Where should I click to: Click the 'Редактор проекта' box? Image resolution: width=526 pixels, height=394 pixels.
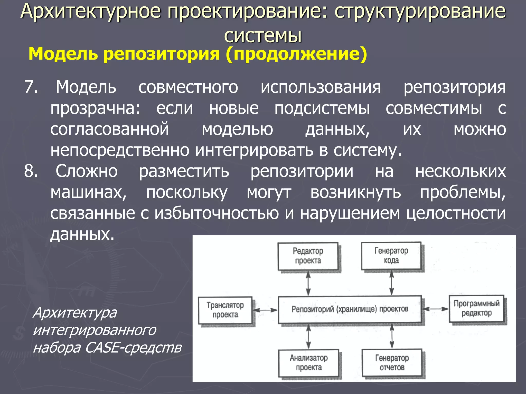[x=308, y=256]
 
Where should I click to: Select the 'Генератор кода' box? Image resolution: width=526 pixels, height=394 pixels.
[x=391, y=255]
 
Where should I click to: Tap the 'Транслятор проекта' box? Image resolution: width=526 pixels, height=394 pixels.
[x=225, y=310]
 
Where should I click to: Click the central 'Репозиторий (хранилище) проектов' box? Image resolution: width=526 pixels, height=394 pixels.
[x=350, y=309]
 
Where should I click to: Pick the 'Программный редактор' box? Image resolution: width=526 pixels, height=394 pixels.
[x=476, y=308]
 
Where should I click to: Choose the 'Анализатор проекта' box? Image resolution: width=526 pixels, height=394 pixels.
[x=309, y=363]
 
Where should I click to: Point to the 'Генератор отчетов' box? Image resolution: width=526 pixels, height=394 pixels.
[x=392, y=363]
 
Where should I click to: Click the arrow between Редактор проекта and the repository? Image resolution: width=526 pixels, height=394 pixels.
[x=308, y=283]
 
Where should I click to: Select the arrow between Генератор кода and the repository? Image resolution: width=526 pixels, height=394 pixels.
[x=391, y=283]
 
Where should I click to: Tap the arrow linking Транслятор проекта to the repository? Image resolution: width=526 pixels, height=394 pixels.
[x=265, y=310]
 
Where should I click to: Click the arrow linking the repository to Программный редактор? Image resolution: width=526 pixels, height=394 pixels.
[x=436, y=309]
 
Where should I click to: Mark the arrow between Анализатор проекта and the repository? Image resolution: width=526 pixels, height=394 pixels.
[x=309, y=336]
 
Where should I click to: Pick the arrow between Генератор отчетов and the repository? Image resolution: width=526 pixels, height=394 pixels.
[x=392, y=336]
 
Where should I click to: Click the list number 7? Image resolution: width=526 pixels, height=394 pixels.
[x=31, y=87]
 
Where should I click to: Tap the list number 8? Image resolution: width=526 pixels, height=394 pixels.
[x=31, y=171]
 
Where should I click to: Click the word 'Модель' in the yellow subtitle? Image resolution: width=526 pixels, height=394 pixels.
[x=63, y=54]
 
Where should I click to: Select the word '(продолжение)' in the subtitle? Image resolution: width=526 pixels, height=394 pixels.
[x=296, y=54]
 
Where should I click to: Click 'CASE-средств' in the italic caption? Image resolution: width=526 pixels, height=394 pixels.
[x=133, y=348]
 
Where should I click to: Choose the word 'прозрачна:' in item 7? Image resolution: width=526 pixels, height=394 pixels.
[x=95, y=108]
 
